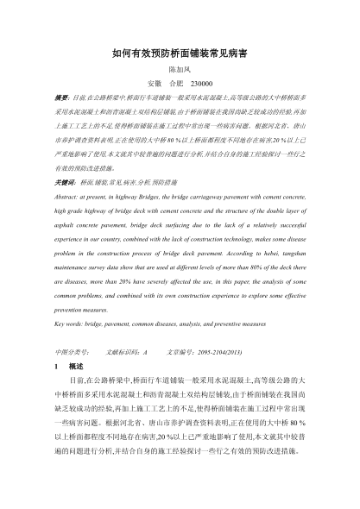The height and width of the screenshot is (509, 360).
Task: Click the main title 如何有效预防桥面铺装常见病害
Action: [180, 53]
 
